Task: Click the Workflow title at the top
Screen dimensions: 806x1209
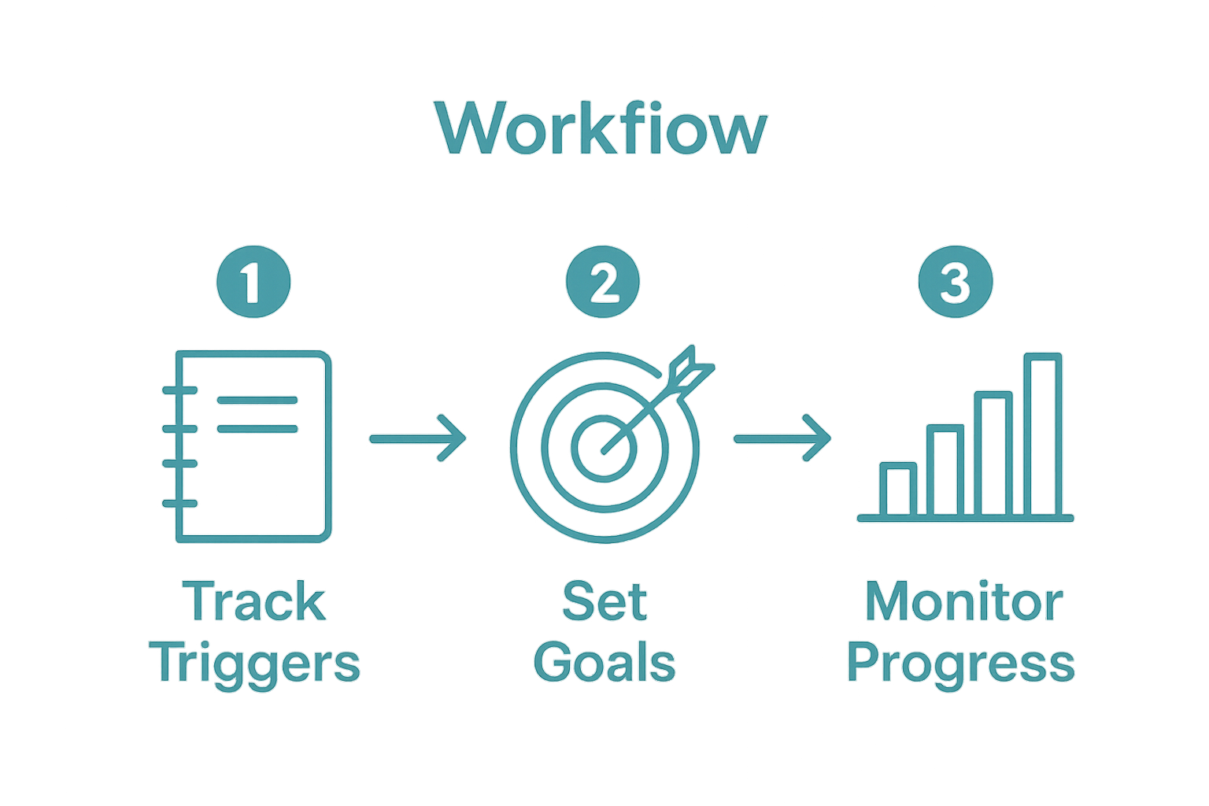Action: point(601,128)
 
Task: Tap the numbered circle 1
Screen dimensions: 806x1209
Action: point(253,281)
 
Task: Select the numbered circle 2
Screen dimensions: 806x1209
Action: point(603,281)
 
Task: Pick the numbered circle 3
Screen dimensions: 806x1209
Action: point(956,281)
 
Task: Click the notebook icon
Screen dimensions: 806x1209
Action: point(250,446)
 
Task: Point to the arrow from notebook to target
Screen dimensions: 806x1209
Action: point(418,438)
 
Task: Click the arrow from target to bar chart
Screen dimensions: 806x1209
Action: point(782,438)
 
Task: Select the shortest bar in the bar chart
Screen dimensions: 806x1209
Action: point(898,490)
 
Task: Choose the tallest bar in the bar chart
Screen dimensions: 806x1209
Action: point(1043,435)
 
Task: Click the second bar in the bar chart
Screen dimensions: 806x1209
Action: point(945,471)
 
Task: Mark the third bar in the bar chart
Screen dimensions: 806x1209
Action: point(993,454)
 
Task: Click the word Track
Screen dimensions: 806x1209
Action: point(254,602)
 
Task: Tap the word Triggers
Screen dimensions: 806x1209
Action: point(257,663)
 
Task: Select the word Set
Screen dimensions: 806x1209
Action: point(604,602)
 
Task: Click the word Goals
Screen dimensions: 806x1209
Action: point(604,663)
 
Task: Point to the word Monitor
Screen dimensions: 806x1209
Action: point(963,602)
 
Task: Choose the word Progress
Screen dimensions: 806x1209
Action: point(961,663)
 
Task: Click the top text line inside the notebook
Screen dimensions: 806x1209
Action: point(257,400)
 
